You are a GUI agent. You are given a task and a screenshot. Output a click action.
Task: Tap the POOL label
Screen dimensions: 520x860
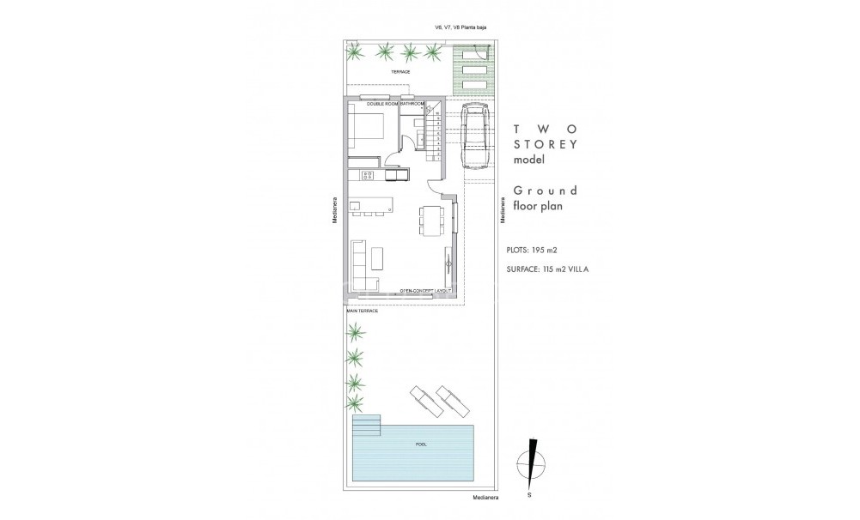click(421, 444)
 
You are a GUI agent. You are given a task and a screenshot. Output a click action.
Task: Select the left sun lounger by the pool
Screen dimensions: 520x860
click(422, 399)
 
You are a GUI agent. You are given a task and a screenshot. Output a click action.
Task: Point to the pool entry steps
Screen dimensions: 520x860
click(367, 425)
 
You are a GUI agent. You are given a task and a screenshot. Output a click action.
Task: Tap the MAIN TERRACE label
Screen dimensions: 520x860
click(362, 311)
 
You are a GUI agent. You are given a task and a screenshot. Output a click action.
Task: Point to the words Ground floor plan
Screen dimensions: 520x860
click(545, 198)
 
